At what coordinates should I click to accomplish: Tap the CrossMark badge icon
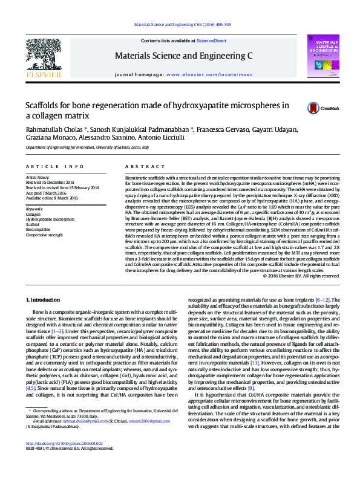coord(313,108)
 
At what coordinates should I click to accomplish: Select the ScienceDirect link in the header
coord(211,41)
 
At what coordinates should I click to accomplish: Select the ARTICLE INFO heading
coord(55,166)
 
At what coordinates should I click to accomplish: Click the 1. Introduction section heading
coord(44,300)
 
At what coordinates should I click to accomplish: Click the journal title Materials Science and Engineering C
coord(183,57)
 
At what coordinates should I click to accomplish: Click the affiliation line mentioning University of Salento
coord(87,147)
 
